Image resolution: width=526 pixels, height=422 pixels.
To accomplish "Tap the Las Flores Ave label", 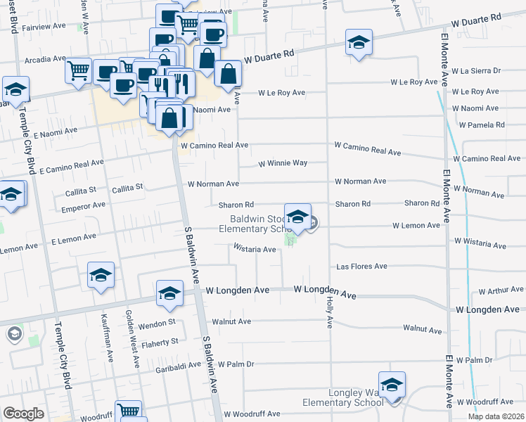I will [361, 267].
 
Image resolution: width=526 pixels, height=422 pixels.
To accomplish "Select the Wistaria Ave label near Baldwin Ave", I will [255, 249].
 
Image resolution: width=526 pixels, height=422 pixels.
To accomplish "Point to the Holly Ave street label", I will [329, 312].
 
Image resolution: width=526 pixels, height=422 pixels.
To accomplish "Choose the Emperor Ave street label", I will [83, 205].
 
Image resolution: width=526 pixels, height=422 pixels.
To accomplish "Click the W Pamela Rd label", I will [482, 125].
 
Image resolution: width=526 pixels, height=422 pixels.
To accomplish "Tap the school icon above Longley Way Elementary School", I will [392, 385].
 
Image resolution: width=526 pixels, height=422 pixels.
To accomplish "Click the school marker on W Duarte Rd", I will [359, 43].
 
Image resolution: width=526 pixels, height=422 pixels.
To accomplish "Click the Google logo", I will [23, 414].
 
